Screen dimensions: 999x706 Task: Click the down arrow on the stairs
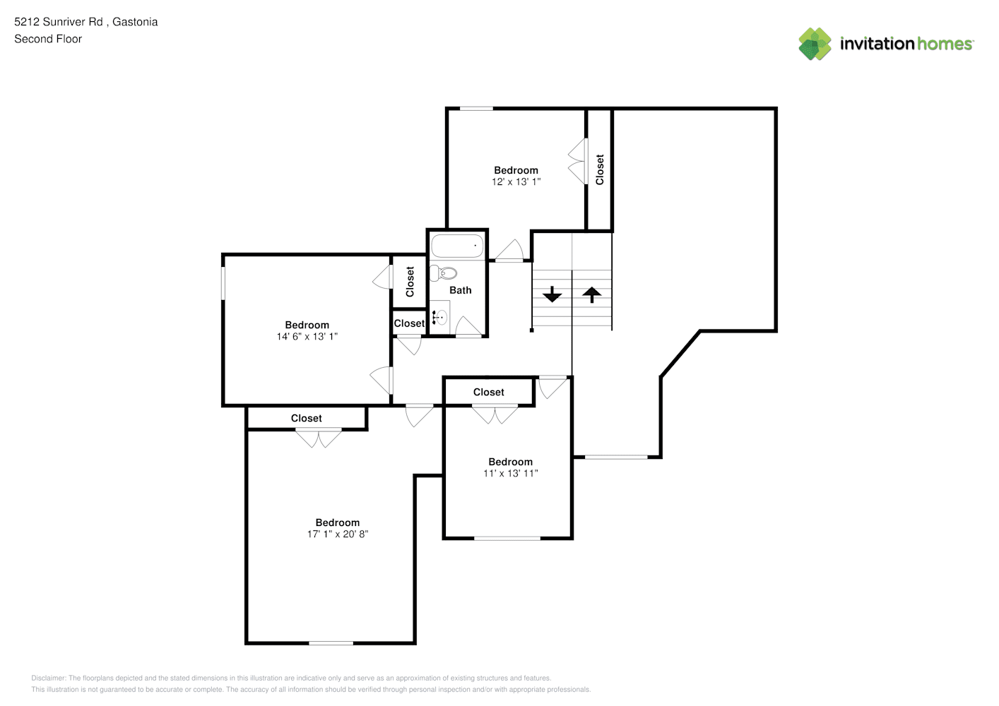tap(552, 294)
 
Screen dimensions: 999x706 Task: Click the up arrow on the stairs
tap(592, 294)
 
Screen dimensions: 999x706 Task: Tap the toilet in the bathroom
tap(443, 273)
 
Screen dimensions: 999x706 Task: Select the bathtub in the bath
tap(457, 246)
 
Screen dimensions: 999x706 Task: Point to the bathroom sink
tap(439, 317)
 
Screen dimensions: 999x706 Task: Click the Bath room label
tap(460, 290)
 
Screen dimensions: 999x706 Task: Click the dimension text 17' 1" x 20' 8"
tap(338, 534)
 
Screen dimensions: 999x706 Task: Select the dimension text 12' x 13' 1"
tap(516, 182)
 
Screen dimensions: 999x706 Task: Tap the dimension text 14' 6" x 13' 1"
tap(307, 337)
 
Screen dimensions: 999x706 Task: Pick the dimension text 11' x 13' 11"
tap(511, 473)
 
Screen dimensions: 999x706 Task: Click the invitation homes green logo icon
tap(815, 44)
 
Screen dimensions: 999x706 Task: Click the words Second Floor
tap(48, 40)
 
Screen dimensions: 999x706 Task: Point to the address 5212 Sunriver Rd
tap(59, 22)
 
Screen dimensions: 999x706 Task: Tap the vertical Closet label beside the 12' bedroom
tap(600, 169)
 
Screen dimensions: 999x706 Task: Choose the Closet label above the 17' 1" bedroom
tap(307, 418)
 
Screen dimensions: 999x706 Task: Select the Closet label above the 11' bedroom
tap(489, 393)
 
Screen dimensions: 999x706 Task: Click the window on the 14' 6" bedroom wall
tap(223, 284)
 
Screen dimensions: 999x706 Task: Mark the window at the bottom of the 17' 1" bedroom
tap(331, 643)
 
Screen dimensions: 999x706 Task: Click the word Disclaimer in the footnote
tap(48, 678)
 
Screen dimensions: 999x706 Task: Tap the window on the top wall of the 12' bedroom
tap(476, 108)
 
